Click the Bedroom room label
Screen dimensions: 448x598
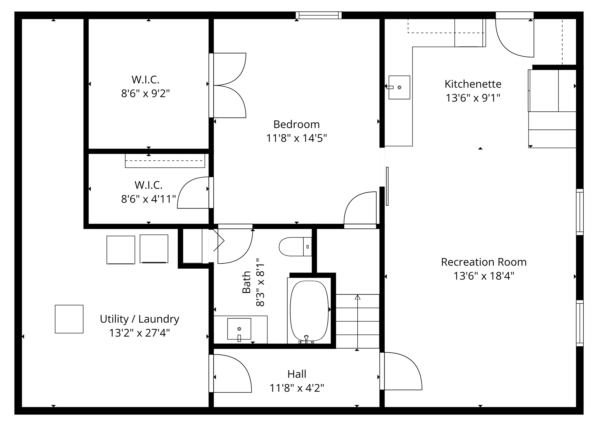296,125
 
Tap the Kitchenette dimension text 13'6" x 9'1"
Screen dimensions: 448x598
473,98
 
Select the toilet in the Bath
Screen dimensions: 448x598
295,247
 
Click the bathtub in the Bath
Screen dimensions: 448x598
309,311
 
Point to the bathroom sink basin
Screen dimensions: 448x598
239,329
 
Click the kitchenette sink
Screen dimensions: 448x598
399,87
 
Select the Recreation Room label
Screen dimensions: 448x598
484,262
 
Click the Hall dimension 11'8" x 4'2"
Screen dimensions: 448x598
297,388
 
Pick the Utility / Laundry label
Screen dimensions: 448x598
139,319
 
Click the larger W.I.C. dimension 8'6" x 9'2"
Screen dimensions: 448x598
145,94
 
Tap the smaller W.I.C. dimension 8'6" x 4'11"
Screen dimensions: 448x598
148,199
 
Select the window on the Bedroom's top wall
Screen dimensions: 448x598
319,15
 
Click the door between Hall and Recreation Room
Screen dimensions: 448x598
401,371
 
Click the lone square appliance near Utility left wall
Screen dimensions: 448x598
69,319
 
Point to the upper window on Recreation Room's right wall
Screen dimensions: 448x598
580,212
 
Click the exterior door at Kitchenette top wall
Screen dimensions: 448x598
514,36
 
